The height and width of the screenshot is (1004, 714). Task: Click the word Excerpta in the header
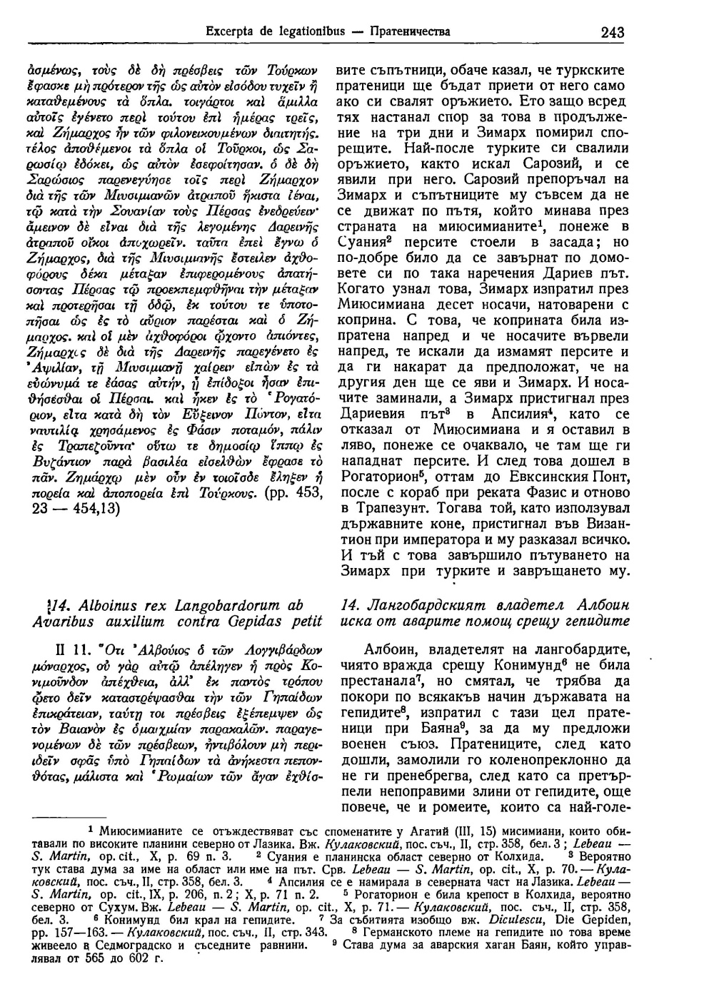click(229, 31)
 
